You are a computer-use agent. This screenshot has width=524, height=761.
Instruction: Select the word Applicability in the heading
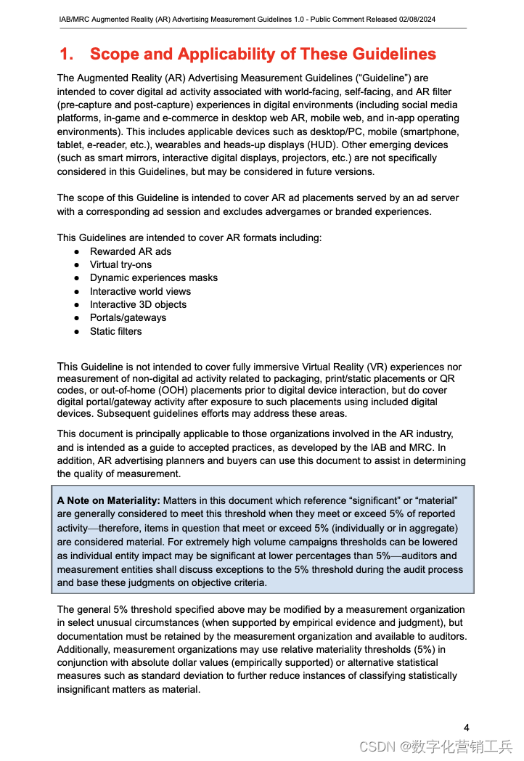[x=234, y=54]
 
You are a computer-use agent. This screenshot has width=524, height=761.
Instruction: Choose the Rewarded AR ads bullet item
[x=131, y=251]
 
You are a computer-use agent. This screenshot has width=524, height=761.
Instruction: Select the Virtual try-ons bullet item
[x=120, y=264]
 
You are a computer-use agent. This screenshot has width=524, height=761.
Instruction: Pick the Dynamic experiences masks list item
[x=153, y=277]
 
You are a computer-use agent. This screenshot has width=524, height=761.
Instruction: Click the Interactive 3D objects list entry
[x=138, y=304]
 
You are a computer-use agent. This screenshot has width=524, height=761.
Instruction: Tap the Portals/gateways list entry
[x=128, y=317]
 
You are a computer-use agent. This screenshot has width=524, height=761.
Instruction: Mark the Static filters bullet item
[x=115, y=331]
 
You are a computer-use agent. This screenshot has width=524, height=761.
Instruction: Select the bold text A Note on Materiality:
[x=108, y=501]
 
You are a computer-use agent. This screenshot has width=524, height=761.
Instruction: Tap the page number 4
[x=467, y=728]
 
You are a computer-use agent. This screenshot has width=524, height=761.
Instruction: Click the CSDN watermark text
[x=376, y=746]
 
